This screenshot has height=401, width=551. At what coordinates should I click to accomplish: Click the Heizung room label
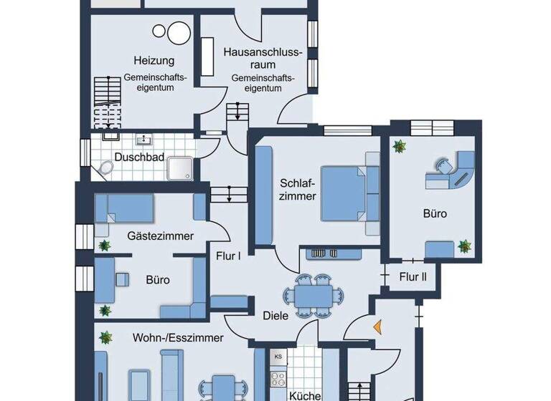[149, 61]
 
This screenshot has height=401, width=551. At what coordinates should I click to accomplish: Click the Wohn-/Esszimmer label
[178, 337]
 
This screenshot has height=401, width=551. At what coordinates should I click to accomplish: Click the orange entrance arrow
[377, 327]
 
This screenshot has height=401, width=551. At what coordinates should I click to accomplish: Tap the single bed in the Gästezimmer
[125, 208]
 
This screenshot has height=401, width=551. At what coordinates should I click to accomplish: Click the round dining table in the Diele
[314, 294]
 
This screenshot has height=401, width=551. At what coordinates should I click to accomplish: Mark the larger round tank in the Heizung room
[176, 33]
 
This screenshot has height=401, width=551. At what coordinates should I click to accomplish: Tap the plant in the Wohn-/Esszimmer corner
[105, 336]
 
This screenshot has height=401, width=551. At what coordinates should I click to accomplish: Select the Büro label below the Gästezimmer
[158, 280]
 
